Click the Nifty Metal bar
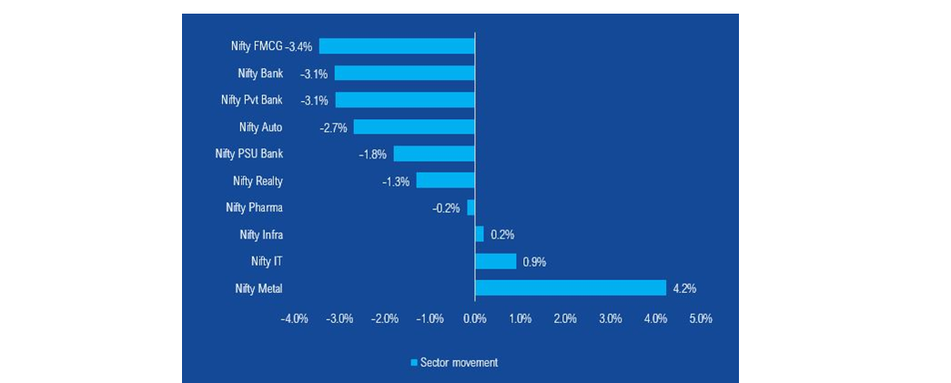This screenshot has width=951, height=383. click(x=571, y=288)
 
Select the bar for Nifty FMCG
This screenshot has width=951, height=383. click(x=397, y=45)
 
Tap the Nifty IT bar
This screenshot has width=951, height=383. click(x=495, y=261)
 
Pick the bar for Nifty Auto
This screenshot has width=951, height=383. click(x=414, y=127)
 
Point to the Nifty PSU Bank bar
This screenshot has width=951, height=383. click(x=434, y=154)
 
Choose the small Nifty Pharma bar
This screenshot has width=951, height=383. click(x=470, y=207)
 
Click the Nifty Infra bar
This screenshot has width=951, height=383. click(x=480, y=234)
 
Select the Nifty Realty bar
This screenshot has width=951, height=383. click(x=445, y=180)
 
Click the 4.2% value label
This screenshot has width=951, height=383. click(x=684, y=289)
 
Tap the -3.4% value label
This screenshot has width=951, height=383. click(x=299, y=46)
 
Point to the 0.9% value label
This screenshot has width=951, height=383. click(x=533, y=262)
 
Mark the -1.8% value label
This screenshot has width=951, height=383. click(x=373, y=155)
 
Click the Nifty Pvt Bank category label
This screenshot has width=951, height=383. click(x=251, y=100)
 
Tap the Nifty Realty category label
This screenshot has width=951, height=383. click(x=258, y=181)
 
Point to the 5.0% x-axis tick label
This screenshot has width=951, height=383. click(x=700, y=319)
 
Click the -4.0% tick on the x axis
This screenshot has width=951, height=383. click(x=293, y=319)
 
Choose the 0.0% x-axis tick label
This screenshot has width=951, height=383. click(x=475, y=319)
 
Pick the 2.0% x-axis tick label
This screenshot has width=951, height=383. click(x=565, y=319)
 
